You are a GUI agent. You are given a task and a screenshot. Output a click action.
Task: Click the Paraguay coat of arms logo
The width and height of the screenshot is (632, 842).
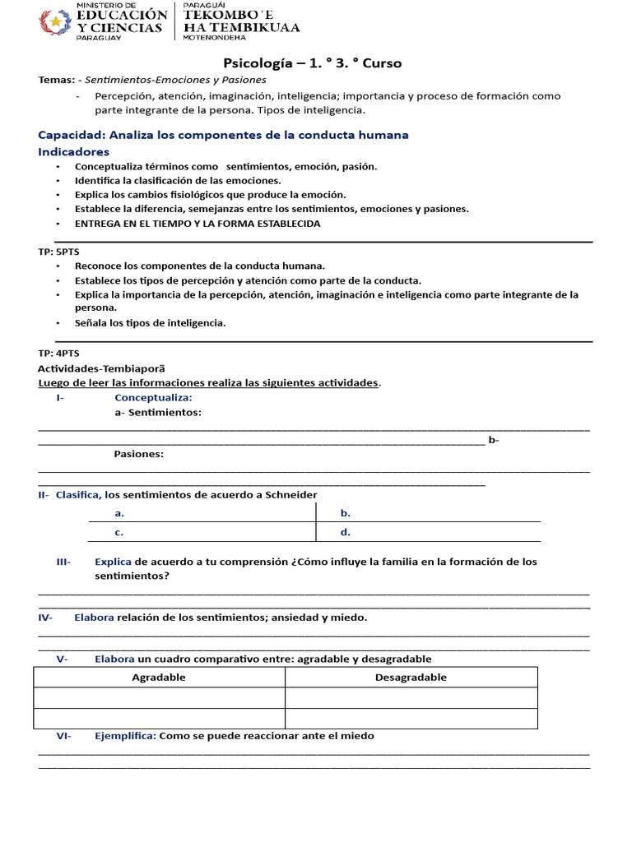pos(55,21)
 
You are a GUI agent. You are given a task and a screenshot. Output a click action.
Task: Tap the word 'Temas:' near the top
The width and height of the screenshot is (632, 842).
pos(56,80)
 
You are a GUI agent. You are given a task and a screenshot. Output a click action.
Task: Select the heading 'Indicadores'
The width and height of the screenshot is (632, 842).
pos(73,152)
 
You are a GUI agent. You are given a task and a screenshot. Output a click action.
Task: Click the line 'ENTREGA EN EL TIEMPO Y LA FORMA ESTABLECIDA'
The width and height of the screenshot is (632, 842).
pos(197,224)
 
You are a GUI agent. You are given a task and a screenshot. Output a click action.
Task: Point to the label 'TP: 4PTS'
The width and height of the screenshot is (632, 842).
pos(58,353)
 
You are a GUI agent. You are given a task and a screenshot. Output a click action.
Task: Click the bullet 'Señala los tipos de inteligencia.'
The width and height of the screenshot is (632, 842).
pos(150,323)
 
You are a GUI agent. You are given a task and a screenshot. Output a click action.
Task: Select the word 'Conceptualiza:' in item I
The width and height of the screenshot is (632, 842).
pos(153,397)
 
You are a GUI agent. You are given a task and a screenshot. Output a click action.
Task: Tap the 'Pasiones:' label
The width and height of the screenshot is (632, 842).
pos(138,453)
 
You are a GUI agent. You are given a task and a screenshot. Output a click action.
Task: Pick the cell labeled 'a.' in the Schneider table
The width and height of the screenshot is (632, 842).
pos(119,513)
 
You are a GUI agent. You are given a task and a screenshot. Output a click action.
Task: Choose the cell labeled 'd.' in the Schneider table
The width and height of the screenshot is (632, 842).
pos(346,532)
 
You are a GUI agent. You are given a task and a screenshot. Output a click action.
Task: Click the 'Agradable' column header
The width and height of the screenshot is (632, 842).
pos(159,678)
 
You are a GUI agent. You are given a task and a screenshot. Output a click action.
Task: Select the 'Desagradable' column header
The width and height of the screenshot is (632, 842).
pos(411,678)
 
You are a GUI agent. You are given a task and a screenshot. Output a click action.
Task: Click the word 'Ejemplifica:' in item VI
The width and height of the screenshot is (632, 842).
pos(125,736)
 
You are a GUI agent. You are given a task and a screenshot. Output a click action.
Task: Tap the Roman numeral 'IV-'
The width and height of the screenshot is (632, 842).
pos(45,618)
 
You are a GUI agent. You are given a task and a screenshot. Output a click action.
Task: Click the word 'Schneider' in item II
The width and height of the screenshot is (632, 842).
pos(288,494)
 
